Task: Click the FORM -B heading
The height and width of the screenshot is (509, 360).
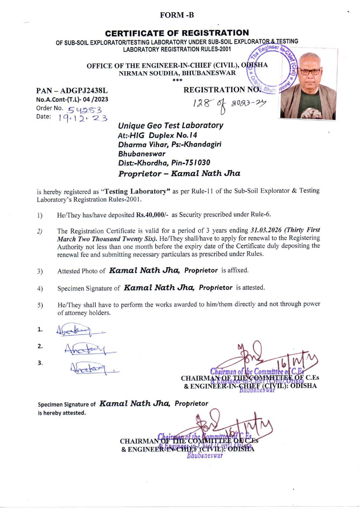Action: click(x=177, y=15)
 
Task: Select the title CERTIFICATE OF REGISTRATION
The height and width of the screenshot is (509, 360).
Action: click(x=177, y=33)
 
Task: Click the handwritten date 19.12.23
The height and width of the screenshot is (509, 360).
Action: click(x=83, y=118)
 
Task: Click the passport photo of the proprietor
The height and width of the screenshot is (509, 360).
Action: click(x=308, y=86)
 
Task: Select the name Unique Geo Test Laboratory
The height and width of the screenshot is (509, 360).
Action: click(x=170, y=125)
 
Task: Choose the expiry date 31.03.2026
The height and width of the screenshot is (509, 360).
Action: click(x=266, y=230)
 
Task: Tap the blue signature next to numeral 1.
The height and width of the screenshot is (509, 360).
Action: click(x=80, y=330)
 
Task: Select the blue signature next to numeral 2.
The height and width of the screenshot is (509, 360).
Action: click(x=89, y=349)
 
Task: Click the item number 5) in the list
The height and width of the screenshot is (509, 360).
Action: click(x=40, y=305)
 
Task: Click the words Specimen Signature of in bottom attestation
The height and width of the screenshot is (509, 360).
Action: click(x=67, y=404)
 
